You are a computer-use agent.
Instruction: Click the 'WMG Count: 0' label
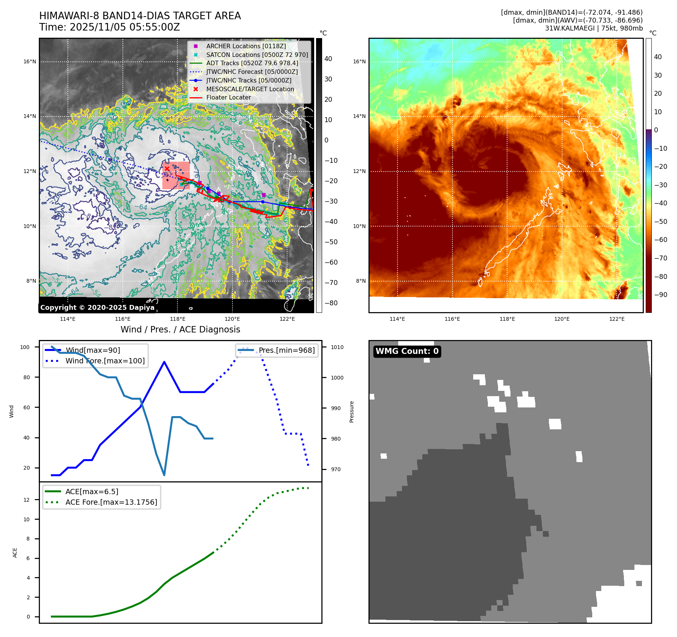pyautogui.click(x=407, y=351)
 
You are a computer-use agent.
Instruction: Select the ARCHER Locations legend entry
pyautogui.click(x=246, y=46)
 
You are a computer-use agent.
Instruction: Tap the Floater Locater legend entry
pyautogui.click(x=228, y=97)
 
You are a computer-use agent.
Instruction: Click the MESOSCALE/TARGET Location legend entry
pyautogui.click(x=250, y=89)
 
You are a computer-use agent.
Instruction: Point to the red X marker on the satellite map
pyautogui.click(x=167, y=168)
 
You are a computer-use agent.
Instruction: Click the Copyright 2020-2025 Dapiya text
pyautogui.click(x=97, y=308)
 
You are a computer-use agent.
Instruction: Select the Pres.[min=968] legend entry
pyautogui.click(x=286, y=350)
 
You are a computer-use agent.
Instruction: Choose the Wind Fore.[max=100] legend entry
pyautogui.click(x=105, y=361)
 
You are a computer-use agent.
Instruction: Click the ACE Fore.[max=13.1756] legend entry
pyautogui.click(x=111, y=502)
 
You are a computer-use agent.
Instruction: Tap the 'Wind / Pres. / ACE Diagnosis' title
pyautogui.click(x=180, y=329)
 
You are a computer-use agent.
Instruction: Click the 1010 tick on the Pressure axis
pyautogui.click(x=337, y=347)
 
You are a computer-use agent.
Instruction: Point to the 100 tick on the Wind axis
pyautogui.click(x=25, y=347)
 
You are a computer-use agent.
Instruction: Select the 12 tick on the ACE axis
pyautogui.click(x=26, y=500)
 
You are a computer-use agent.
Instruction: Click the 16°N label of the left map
pyautogui.click(x=30, y=61)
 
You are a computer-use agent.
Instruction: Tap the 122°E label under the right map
pyautogui.click(x=617, y=319)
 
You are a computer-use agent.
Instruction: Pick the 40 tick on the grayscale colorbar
pyautogui.click(x=328, y=59)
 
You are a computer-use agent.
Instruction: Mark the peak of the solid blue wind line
pyautogui.click(x=164, y=362)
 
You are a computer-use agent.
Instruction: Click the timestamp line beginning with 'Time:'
pyautogui.click(x=110, y=27)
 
